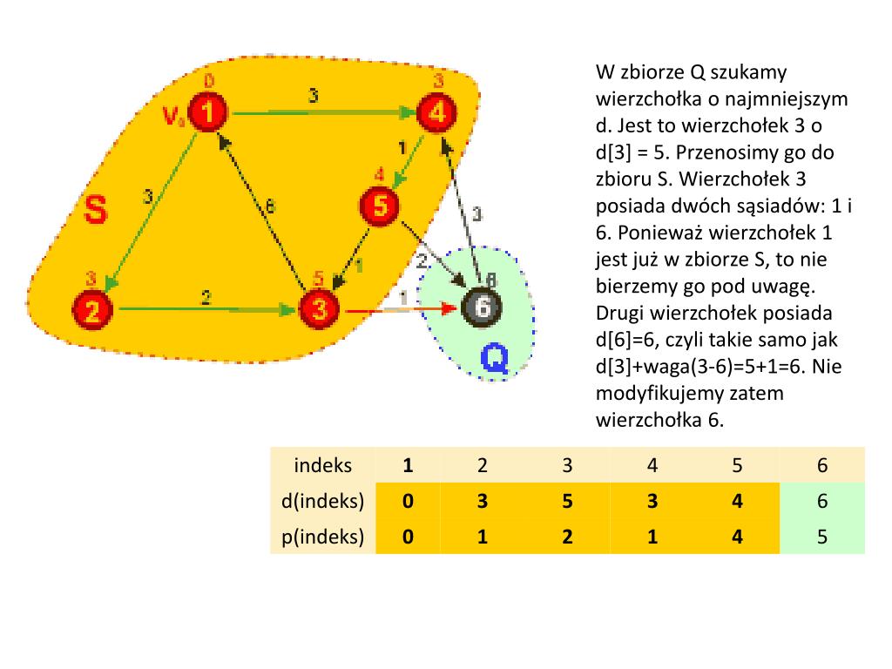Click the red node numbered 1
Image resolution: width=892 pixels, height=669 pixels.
tap(209, 112)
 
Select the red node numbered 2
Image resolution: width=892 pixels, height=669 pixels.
tap(95, 309)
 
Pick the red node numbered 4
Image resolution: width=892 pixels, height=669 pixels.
tap(437, 112)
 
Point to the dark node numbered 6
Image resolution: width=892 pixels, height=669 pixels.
tap(481, 307)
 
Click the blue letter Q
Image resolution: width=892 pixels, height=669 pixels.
tap(494, 358)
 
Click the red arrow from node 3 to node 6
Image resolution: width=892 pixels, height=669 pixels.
tap(401, 309)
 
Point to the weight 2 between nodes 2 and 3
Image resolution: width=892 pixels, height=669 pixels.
tap(206, 297)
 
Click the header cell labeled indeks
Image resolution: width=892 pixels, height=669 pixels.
tap(323, 465)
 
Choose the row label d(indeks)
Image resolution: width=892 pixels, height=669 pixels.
tap(323, 502)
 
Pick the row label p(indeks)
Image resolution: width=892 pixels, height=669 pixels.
tap(323, 537)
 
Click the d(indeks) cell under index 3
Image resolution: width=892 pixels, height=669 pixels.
tap(567, 502)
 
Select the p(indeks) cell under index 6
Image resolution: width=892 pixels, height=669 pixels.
tap(822, 537)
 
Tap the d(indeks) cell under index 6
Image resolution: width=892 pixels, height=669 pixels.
tap(822, 502)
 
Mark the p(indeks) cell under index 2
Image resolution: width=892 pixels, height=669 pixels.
tap(482, 537)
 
